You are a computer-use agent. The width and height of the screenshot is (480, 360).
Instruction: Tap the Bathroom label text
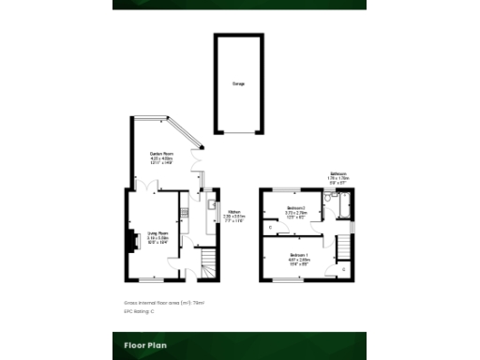click(x=338, y=174)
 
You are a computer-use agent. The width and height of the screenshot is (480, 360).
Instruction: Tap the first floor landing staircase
click(x=343, y=247)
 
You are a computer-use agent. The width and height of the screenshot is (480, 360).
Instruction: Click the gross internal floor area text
click(x=164, y=302)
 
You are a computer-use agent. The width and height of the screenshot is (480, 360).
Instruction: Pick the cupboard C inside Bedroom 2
click(x=270, y=227)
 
